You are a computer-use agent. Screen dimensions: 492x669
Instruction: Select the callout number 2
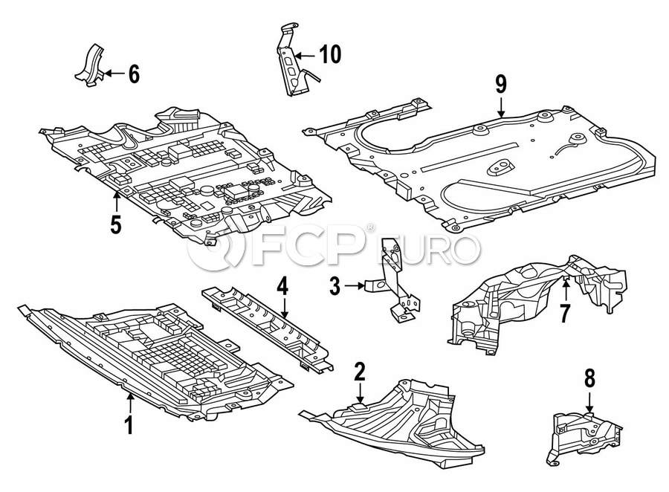tap(360, 371)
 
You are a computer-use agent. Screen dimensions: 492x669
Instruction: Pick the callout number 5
tap(116, 223)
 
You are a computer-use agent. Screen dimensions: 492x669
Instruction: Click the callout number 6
tap(133, 74)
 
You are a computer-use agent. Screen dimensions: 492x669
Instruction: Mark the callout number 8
tap(589, 378)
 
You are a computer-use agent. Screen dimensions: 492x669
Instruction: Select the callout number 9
tap(501, 85)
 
